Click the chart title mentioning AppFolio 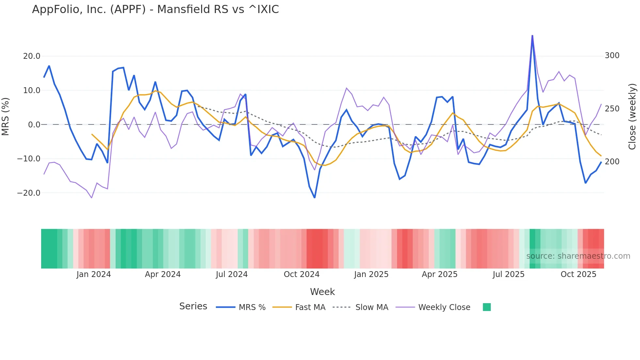point(155,9)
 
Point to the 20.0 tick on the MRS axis point(32,56)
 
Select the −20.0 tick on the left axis point(29,193)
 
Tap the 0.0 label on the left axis point(34,125)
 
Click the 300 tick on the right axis point(612,56)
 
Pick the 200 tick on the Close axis point(612,162)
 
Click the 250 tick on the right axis point(612,109)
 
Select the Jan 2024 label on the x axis point(94,274)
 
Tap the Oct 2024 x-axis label point(301,274)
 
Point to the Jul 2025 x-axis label point(508,274)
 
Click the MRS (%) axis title point(6,116)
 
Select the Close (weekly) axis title point(632,117)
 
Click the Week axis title point(322,292)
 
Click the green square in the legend point(487,307)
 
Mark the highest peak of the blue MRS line point(532,36)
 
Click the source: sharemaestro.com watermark point(578,256)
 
